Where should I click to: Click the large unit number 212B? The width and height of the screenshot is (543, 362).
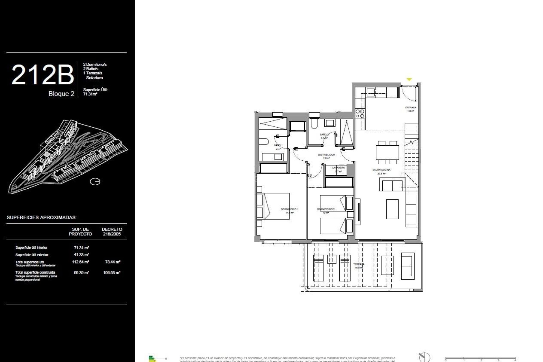click(x=42, y=75)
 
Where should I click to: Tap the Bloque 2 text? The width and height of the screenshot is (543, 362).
click(x=61, y=94)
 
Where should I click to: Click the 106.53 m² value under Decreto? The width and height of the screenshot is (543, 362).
click(x=112, y=273)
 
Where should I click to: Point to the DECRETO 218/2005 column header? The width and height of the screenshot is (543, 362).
click(x=112, y=231)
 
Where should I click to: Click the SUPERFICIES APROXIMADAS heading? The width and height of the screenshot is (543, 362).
click(x=42, y=217)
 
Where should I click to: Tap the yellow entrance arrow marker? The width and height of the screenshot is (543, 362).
click(x=409, y=80)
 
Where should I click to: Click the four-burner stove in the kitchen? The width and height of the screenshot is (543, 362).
click(x=360, y=113)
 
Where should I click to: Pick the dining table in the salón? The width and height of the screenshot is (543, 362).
click(x=387, y=152)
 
